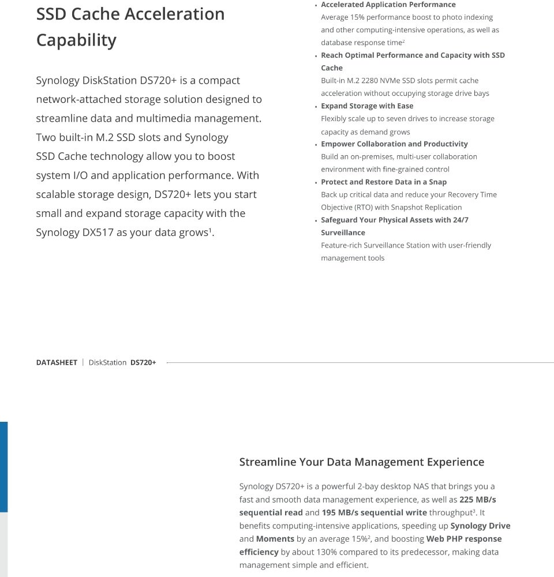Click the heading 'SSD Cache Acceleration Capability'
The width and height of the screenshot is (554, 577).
pyautogui.click(x=130, y=27)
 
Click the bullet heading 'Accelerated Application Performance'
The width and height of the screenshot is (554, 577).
pyautogui.click(x=388, y=5)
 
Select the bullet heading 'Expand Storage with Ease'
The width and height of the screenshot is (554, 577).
pyautogui.click(x=367, y=106)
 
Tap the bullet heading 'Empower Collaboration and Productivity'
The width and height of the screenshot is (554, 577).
pyautogui.click(x=394, y=144)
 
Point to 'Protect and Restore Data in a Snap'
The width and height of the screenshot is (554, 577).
pyautogui.click(x=384, y=182)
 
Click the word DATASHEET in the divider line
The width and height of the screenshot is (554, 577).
pyautogui.click(x=57, y=363)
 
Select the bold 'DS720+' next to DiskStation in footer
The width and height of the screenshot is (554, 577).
pyautogui.click(x=143, y=363)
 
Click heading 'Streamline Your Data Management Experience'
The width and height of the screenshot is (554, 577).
pyautogui.click(x=361, y=462)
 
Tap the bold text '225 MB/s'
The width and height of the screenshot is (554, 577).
pyautogui.click(x=478, y=500)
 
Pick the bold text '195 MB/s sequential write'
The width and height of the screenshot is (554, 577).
pyautogui.click(x=375, y=513)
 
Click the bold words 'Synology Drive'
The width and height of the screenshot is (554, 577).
pyautogui.click(x=480, y=526)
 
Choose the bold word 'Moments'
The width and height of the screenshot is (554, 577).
pyautogui.click(x=275, y=539)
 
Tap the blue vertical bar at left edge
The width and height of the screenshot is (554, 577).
pyautogui.click(x=3, y=467)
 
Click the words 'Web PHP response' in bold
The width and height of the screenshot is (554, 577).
pyautogui.click(x=464, y=539)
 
